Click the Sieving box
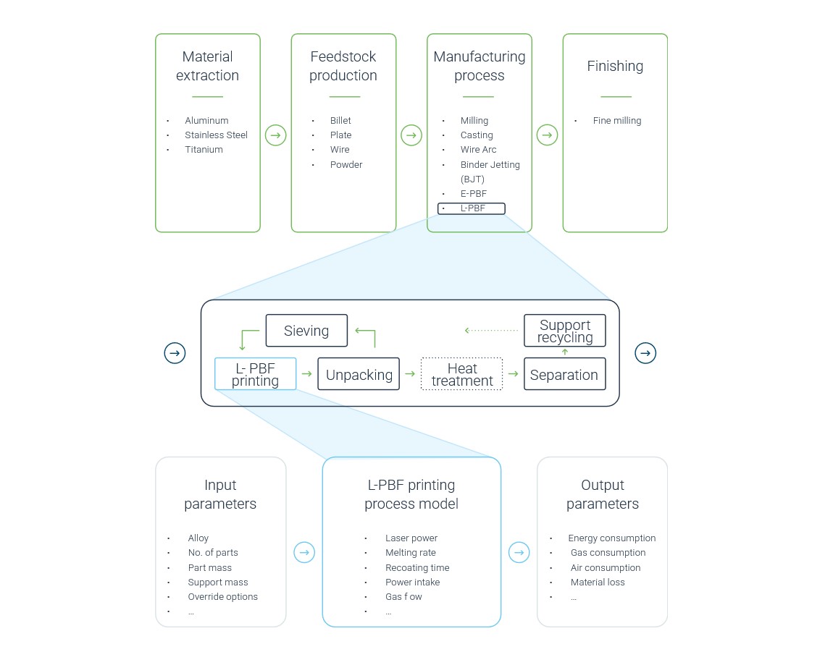click(306, 331)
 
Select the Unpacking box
click(359, 374)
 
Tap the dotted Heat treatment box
click(461, 374)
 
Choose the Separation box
click(565, 374)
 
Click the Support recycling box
click(565, 331)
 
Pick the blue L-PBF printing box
click(256, 374)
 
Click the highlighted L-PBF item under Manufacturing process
click(472, 208)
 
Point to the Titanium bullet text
click(204, 150)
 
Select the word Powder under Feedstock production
click(346, 164)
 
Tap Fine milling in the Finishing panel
click(617, 120)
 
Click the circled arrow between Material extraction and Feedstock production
click(276, 135)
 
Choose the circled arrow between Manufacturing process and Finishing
click(547, 135)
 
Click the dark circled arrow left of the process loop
click(175, 353)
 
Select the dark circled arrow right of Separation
click(645, 353)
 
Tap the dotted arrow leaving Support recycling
click(491, 330)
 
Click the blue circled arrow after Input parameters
click(304, 553)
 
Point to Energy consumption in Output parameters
click(612, 538)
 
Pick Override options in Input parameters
click(222, 596)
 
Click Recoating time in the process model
click(417, 568)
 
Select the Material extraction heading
click(208, 66)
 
